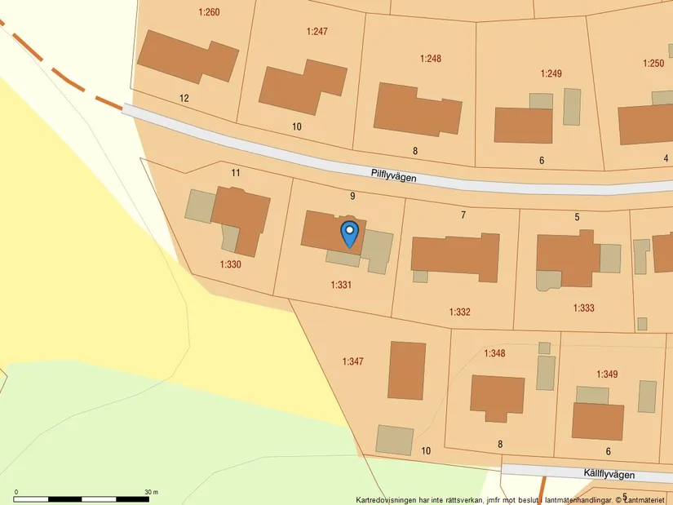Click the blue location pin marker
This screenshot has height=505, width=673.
pyautogui.click(x=349, y=234)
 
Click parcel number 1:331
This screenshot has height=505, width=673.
pyautogui.click(x=341, y=285)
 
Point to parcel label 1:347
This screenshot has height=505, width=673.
pyautogui.click(x=352, y=361)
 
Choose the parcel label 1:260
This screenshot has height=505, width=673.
pyautogui.click(x=210, y=12)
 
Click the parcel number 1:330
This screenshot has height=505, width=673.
pyautogui.click(x=230, y=264)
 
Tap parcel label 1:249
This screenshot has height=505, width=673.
pyautogui.click(x=551, y=74)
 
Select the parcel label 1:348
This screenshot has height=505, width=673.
pyautogui.click(x=494, y=353)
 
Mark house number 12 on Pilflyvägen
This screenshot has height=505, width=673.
pyautogui.click(x=184, y=98)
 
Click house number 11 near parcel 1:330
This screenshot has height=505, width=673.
pyautogui.click(x=236, y=172)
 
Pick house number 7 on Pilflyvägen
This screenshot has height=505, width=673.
pyautogui.click(x=463, y=215)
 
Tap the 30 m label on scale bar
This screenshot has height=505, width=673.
pyautogui.click(x=151, y=492)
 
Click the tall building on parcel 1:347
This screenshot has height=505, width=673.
pyautogui.click(x=407, y=370)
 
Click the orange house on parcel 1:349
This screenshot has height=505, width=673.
pyautogui.click(x=597, y=421)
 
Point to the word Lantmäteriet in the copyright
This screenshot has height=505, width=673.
pyautogui.click(x=647, y=500)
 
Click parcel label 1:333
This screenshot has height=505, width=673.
pyautogui.click(x=584, y=308)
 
